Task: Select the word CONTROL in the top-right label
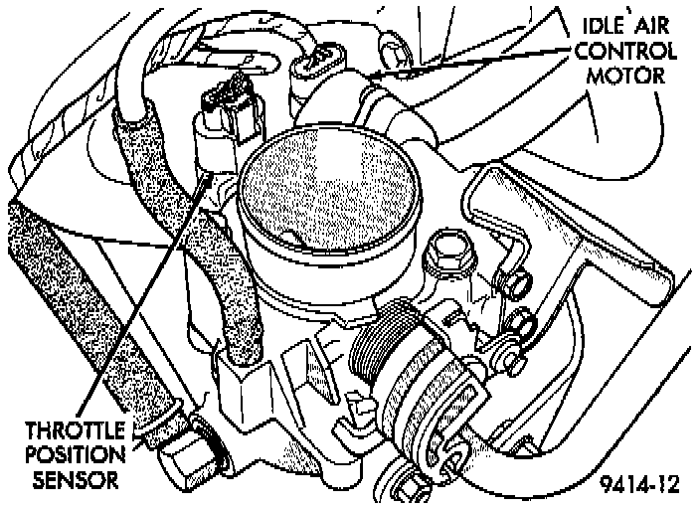[625, 49]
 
